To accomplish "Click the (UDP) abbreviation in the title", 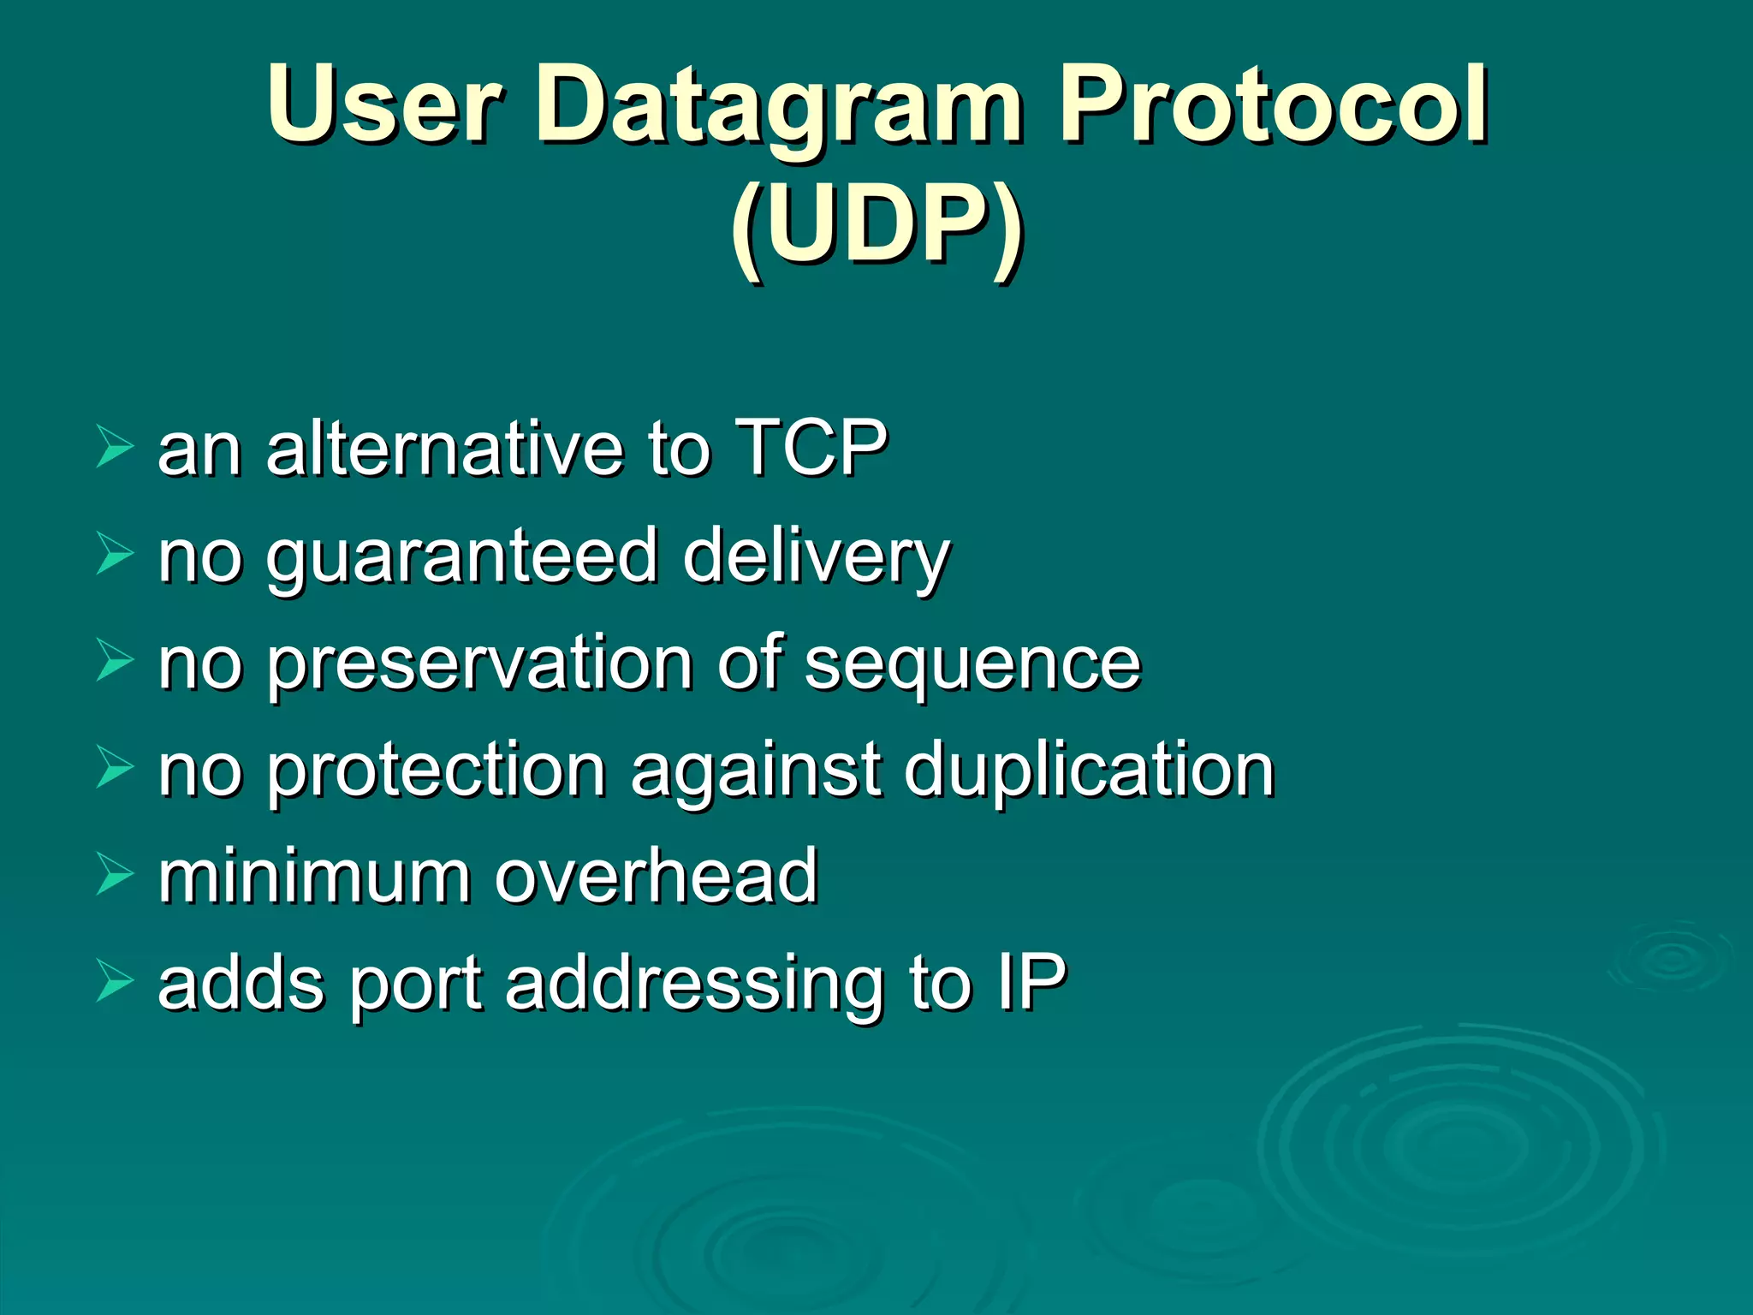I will coord(876,227).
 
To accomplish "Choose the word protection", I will coord(437,771).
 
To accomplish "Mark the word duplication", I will coord(1089,771).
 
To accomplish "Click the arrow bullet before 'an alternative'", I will coord(114,446).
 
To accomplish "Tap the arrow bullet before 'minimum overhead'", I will coord(114,874).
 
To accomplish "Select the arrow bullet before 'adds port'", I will coord(114,981).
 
